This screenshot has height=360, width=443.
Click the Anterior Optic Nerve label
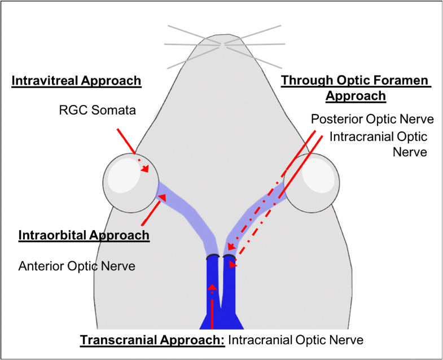coord(77,265)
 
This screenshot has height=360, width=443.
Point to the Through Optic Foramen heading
coord(356,81)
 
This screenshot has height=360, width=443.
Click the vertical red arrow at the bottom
coord(212,308)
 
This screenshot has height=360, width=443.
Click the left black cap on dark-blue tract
coord(213,257)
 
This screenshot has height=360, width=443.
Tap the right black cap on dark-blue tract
coord(229,257)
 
